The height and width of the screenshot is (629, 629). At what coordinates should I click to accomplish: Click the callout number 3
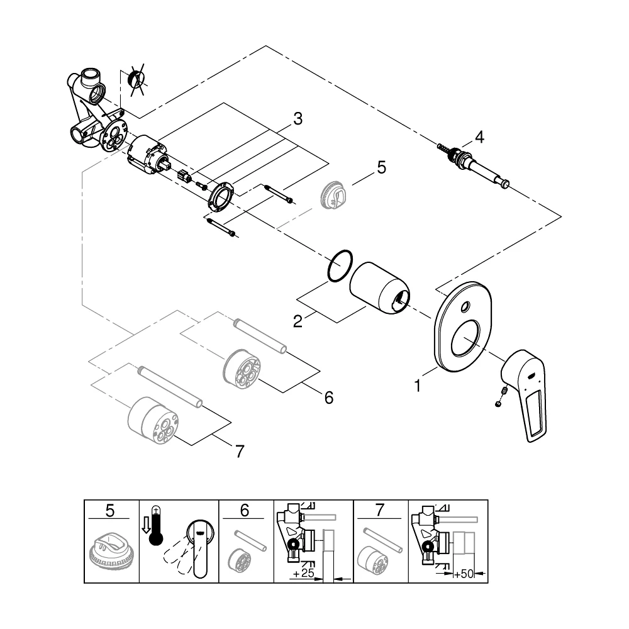click(298, 119)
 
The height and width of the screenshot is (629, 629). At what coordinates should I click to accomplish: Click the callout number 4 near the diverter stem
click(479, 137)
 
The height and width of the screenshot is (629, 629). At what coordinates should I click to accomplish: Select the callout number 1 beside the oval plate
click(418, 386)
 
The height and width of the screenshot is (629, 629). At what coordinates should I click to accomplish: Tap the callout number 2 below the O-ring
click(298, 321)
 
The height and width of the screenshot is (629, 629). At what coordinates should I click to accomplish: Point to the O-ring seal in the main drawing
click(329, 267)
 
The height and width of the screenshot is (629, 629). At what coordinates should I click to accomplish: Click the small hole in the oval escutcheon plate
click(465, 308)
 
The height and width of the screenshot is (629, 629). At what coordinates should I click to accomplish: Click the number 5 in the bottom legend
click(109, 511)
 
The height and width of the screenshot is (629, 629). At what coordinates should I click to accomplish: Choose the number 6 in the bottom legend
click(244, 511)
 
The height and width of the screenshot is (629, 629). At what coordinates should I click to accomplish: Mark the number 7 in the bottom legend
click(379, 511)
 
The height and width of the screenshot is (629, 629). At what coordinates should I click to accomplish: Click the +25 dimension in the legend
click(303, 573)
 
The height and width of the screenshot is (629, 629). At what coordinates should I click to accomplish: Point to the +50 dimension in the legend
click(464, 574)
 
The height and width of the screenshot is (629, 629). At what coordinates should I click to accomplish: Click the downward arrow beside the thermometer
click(145, 525)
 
